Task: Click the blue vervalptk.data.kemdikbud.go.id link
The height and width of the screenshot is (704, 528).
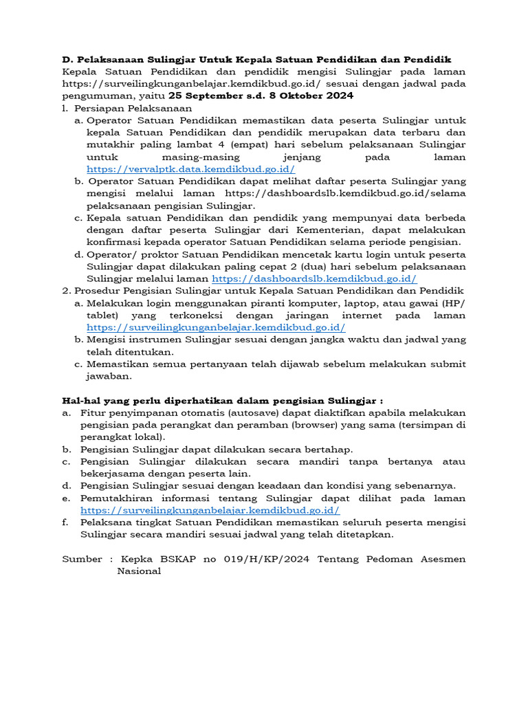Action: [x=190, y=168]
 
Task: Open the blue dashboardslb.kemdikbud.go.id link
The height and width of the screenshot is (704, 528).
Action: [x=314, y=278]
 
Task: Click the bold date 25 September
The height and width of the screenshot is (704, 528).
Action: [x=204, y=96]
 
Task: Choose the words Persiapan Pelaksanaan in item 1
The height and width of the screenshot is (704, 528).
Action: [x=133, y=108]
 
